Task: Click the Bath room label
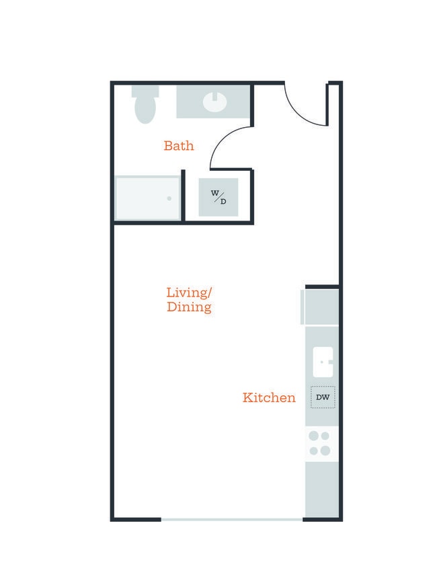point(179,145)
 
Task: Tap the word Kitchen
point(269,397)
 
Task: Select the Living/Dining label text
point(189,300)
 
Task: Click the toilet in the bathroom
point(145,104)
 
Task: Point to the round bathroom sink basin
point(214,101)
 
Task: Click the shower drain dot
point(169,198)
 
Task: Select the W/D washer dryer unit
point(218,197)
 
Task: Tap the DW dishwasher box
point(323,397)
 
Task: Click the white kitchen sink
point(323,362)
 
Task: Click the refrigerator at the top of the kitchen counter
point(320,307)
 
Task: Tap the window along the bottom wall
point(232,519)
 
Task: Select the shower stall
point(148,198)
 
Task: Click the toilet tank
point(145,91)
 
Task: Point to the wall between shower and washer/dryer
point(183,196)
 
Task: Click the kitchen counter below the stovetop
point(322,490)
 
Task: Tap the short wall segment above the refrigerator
point(322,286)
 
